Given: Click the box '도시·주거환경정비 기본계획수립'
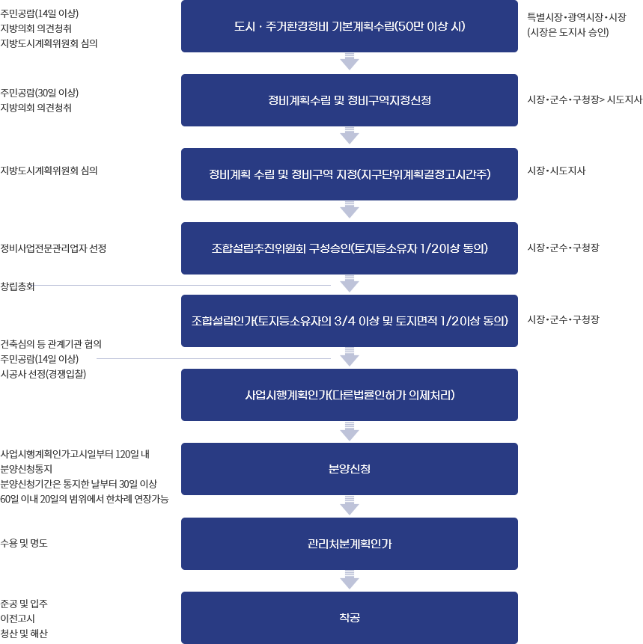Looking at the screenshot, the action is click(350, 26).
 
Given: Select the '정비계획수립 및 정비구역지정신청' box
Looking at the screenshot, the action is click(350, 100).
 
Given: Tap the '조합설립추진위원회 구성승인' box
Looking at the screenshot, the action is click(350, 248).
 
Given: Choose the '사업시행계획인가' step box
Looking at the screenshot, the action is click(350, 395).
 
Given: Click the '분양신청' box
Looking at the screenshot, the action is click(350, 469).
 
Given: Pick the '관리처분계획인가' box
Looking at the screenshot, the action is click(350, 543).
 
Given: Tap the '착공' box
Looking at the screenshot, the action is click(350, 617).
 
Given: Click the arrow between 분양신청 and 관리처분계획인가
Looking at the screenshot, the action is click(350, 506).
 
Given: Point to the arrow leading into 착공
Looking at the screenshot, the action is click(350, 580).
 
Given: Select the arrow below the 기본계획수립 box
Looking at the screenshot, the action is click(350, 61).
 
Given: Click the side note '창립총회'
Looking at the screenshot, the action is click(17, 286).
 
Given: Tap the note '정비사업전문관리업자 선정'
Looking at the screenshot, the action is click(53, 248).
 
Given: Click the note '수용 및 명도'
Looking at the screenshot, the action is click(24, 543).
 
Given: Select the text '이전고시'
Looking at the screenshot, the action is click(17, 619).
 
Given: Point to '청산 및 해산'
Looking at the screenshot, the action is click(24, 634).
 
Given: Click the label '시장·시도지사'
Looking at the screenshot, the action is click(556, 171).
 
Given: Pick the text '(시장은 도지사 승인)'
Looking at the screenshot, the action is click(567, 32).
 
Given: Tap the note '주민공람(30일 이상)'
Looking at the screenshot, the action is click(40, 93).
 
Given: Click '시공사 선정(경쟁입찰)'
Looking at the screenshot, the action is click(43, 374).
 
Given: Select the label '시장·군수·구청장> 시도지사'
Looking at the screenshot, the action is click(585, 99).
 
